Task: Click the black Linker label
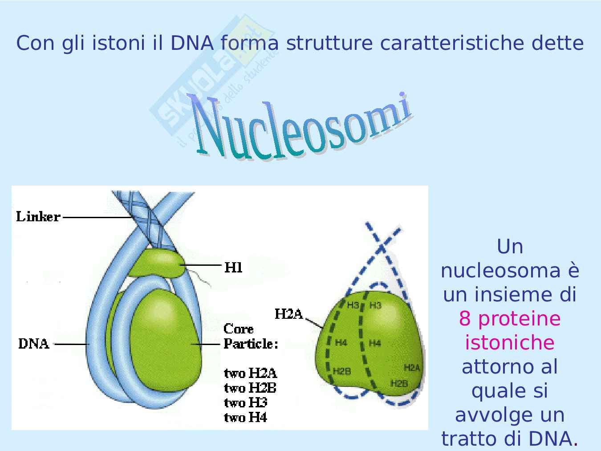tap(38, 217)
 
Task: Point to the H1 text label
tap(233, 267)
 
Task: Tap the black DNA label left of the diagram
tap(34, 344)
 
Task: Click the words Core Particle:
tap(251, 337)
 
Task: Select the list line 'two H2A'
tap(250, 373)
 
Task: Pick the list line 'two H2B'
tap(250, 388)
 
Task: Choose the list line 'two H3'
tap(245, 402)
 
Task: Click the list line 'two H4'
tap(245, 417)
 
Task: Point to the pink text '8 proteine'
tap(510, 319)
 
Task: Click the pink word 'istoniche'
tap(510, 343)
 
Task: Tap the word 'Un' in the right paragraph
tap(510, 247)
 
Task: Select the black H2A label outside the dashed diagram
tap(288, 314)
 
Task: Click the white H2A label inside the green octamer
tap(412, 368)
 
